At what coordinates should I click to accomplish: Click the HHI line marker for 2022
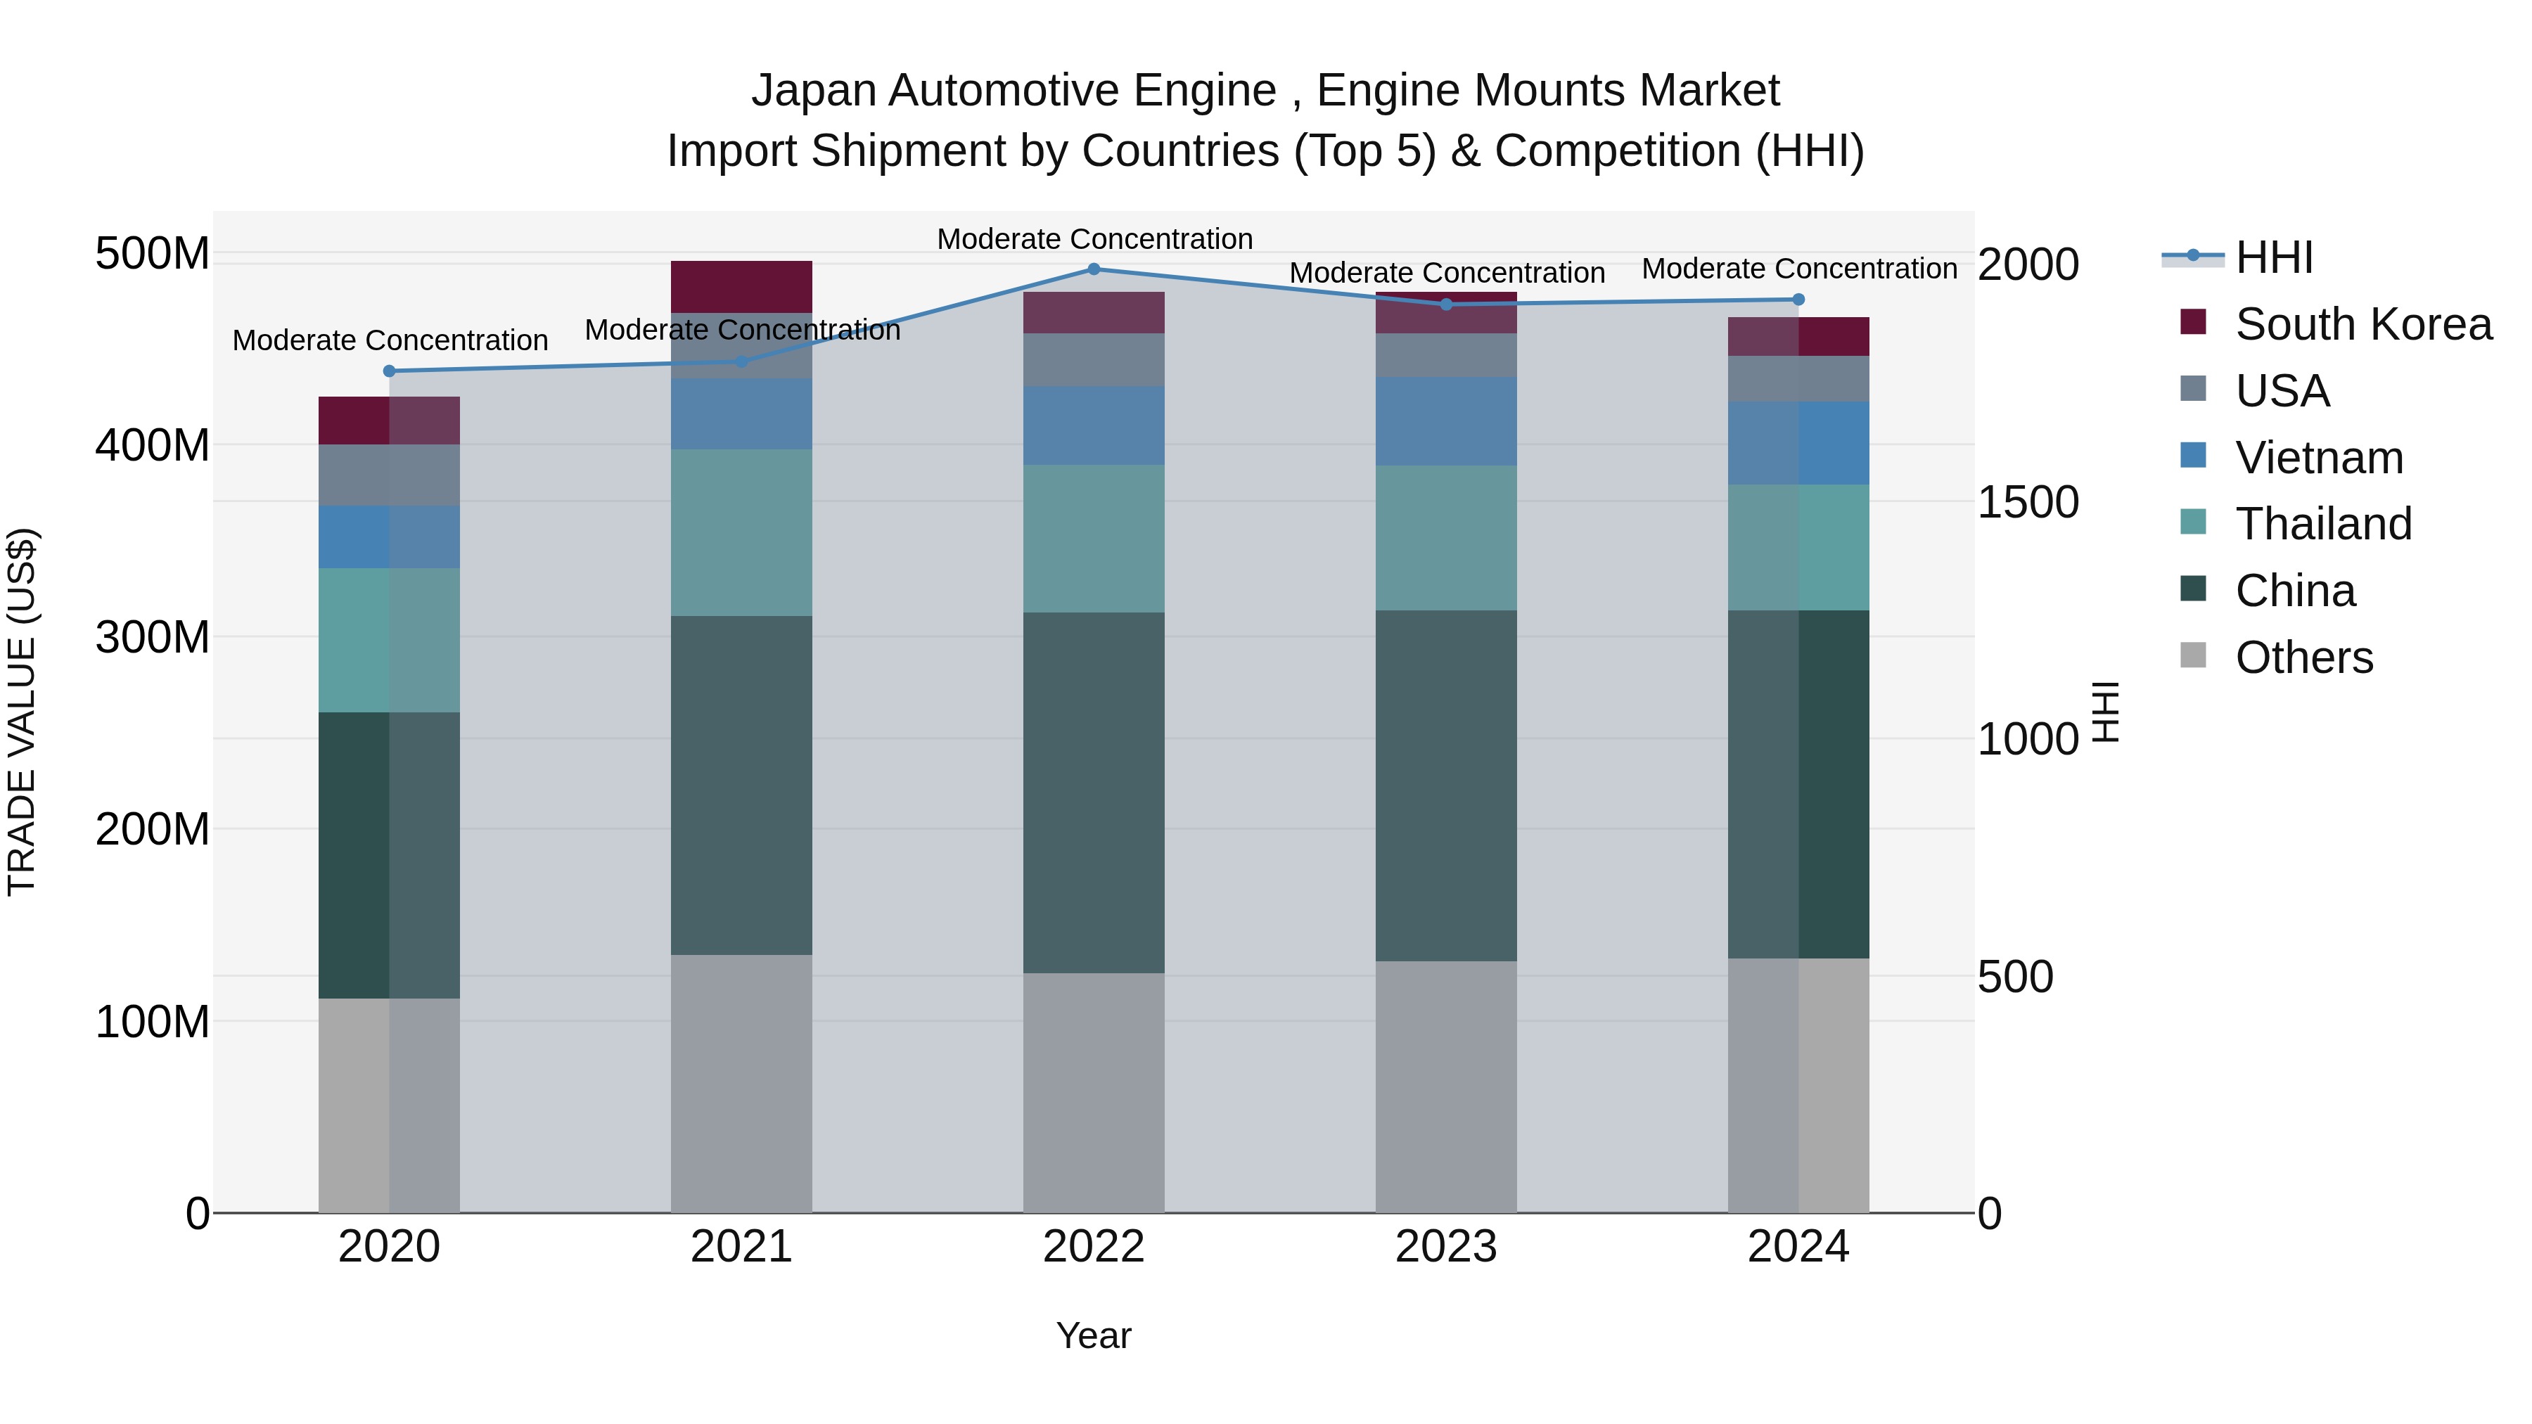[1094, 269]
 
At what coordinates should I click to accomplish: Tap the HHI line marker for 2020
[389, 371]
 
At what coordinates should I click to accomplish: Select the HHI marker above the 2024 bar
[1798, 300]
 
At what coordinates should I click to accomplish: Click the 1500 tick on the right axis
[2027, 502]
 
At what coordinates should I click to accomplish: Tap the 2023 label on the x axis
[1446, 1247]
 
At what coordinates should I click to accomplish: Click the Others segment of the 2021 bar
[741, 1083]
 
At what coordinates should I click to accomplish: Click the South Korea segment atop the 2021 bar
[741, 287]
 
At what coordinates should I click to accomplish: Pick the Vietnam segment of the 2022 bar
[1094, 425]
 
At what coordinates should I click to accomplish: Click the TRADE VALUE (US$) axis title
[22, 712]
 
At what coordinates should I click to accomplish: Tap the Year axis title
[1093, 1337]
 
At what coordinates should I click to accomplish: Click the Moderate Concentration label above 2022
[1094, 239]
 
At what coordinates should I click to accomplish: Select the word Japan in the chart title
[814, 91]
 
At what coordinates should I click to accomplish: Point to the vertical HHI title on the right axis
[2104, 712]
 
